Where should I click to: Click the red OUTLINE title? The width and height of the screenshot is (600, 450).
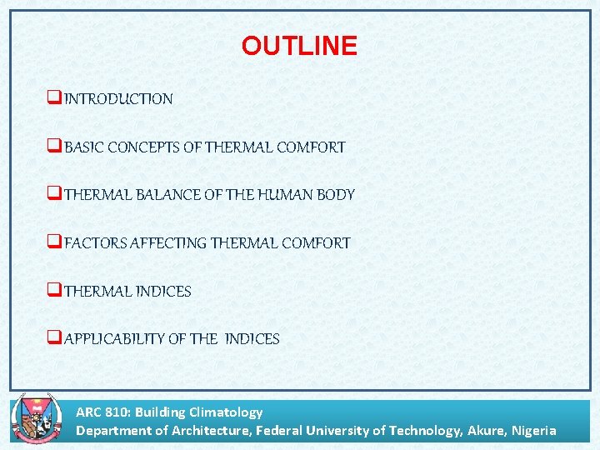click(299, 46)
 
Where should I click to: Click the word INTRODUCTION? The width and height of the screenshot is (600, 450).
click(118, 99)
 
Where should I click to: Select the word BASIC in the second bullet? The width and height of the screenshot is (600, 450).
click(82, 147)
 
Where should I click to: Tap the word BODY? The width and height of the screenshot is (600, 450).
click(337, 195)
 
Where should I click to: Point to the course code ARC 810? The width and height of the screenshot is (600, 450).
click(102, 412)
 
